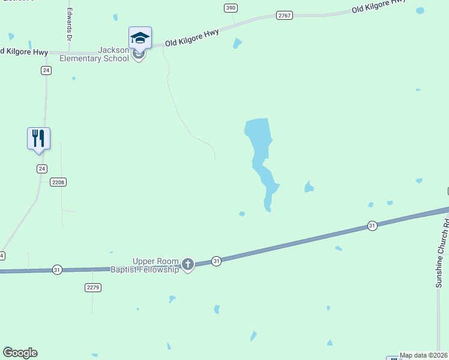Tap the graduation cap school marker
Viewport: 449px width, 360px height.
tap(140, 38)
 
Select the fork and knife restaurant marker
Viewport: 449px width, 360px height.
tap(38, 138)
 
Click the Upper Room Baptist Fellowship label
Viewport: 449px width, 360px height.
tap(145, 266)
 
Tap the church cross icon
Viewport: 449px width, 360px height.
tap(188, 264)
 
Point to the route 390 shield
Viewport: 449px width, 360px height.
tap(231, 8)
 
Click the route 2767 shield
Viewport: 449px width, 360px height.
tap(285, 15)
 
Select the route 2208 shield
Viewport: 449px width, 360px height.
tap(58, 182)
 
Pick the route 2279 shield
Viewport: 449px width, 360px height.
tap(92, 287)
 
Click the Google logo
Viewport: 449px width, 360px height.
tap(20, 353)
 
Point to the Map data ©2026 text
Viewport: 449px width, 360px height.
tap(423, 355)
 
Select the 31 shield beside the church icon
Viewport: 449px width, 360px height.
tap(216, 261)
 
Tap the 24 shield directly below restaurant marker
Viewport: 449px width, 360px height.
tap(41, 169)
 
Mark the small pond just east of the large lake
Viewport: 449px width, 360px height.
tap(309, 187)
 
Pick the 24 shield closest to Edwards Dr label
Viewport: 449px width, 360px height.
tap(46, 70)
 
